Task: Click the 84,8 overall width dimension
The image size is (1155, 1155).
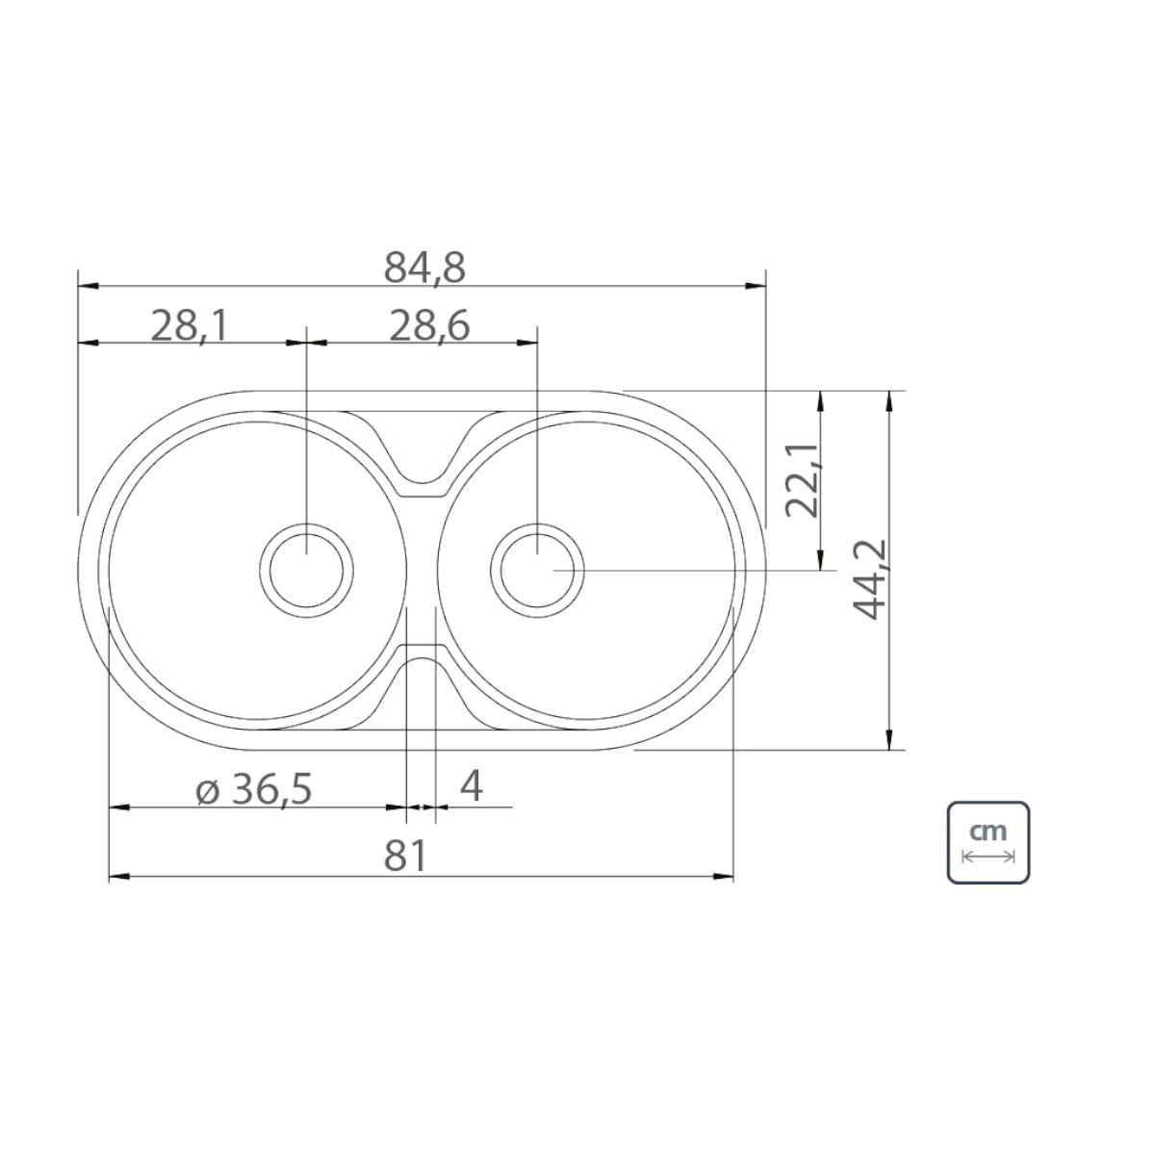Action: pos(424,268)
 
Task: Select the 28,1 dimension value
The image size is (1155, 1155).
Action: pos(190,326)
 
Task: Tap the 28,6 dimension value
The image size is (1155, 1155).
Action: pos(429,326)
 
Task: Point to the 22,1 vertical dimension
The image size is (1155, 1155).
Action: pos(802,480)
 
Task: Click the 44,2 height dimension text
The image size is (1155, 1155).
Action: pos(869,579)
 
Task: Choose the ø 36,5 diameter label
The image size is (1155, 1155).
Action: pos(254,789)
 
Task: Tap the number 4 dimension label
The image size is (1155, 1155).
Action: pos(472,786)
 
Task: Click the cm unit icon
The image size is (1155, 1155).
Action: pos(988,842)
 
